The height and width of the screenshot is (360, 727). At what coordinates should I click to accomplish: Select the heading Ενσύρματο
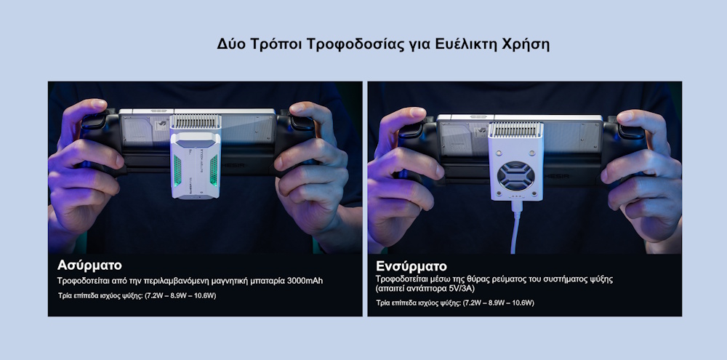(x=411, y=265)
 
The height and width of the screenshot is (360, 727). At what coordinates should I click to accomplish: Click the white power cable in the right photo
(x=518, y=229)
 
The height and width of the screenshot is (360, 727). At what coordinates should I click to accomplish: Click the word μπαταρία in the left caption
(x=264, y=280)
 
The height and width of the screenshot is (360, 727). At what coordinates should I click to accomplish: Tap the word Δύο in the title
(x=230, y=44)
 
